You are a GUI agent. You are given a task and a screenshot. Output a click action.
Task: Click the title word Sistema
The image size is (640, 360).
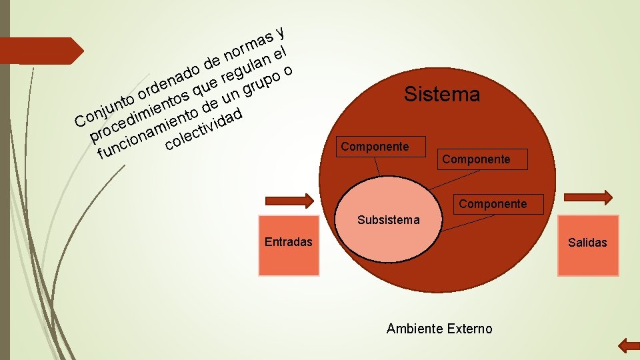pos(441,95)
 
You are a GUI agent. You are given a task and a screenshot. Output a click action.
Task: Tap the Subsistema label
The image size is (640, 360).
pos(388,219)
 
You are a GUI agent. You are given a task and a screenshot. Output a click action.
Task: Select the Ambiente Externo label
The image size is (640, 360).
pos(439,329)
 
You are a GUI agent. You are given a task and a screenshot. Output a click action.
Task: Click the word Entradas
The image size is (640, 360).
pos(288,242)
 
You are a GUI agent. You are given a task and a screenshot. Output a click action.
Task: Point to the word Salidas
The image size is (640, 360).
pos(587,243)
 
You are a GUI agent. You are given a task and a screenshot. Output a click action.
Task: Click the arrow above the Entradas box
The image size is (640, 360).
pos(289,200)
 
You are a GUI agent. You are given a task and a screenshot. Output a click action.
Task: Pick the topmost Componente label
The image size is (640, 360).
pos(375,147)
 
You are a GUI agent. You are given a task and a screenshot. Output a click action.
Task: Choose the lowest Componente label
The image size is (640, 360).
pos(493,204)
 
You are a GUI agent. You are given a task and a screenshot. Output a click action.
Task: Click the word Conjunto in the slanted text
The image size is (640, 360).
pos(103,109)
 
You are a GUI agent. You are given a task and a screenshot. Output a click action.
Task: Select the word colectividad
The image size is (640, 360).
pos(203,129)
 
